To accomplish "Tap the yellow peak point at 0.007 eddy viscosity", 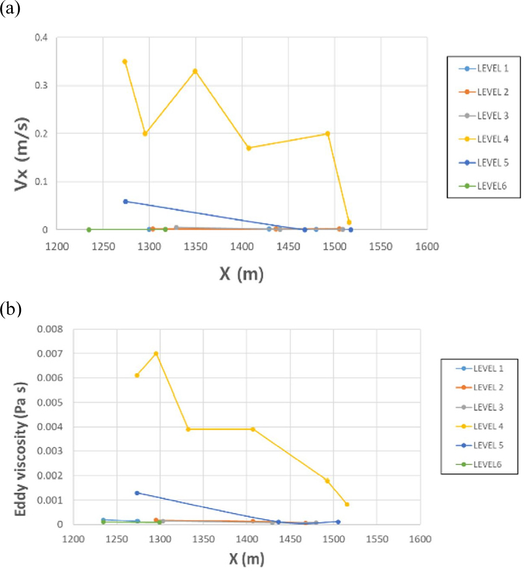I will click(156, 354).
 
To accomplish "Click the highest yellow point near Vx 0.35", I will click(125, 62).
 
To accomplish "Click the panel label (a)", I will click(10, 10).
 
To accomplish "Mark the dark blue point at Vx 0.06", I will click(125, 201).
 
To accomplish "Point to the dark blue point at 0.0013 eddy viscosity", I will click(137, 493).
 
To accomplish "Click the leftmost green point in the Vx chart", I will click(89, 230).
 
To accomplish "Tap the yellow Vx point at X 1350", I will click(195, 71).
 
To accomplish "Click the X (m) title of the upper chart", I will click(241, 274).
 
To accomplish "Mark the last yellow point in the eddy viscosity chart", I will click(347, 504).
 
